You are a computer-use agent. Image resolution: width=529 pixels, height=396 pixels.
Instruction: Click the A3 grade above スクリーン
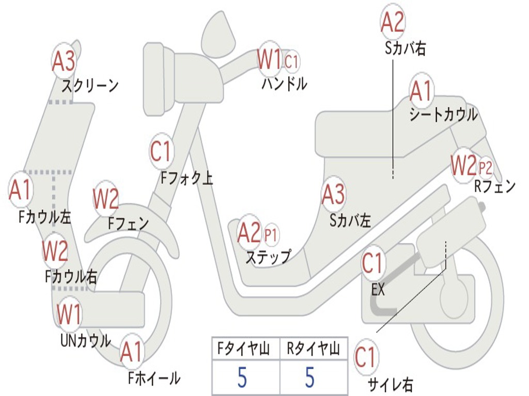[x=64, y=61]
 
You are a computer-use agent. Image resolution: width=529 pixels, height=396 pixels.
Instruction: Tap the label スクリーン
[x=90, y=85]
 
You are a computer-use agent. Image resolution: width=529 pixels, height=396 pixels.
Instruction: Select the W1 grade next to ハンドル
[x=269, y=59]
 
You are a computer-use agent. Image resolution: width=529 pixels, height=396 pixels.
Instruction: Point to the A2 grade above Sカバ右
[x=392, y=22]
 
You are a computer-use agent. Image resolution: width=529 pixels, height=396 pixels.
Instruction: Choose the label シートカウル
[x=443, y=114]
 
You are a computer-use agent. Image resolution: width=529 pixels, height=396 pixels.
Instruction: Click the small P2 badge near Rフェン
[x=486, y=168]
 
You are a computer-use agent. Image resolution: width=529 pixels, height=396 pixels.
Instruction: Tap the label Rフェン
[x=495, y=186]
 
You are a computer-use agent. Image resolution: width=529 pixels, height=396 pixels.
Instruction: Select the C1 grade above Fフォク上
[x=161, y=152]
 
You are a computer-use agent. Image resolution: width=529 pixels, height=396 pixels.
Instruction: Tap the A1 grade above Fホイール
[x=131, y=353]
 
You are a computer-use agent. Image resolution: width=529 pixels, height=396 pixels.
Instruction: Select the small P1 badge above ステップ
[x=271, y=235]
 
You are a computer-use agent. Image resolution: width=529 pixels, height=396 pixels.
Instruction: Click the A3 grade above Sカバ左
[x=333, y=194]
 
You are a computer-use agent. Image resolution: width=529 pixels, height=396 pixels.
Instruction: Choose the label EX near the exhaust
[x=378, y=290]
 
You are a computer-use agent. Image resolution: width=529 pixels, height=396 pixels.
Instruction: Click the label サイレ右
[x=390, y=384]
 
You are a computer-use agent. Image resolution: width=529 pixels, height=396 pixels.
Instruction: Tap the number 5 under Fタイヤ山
[x=242, y=377]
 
